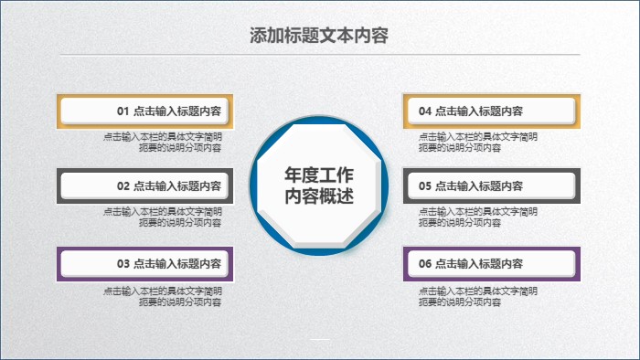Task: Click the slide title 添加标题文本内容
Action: click(319, 36)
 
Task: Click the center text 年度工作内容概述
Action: click(319, 185)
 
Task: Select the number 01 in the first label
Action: click(123, 111)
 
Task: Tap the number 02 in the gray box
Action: click(123, 186)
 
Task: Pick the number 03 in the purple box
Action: click(123, 264)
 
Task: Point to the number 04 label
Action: click(425, 111)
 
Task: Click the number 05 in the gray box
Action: click(425, 186)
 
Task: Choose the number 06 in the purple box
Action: click(425, 264)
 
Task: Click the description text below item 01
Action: click(163, 142)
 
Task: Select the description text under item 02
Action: click(163, 217)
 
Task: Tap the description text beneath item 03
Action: click(163, 296)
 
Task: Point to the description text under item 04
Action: click(478, 142)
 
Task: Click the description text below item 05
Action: click(478, 217)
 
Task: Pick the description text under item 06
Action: click(478, 296)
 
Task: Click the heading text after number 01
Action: click(177, 111)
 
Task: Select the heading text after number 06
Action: click(479, 264)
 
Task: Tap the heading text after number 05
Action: click(479, 186)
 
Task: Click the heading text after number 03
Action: click(177, 264)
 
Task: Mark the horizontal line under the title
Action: click(319, 55)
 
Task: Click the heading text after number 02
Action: click(177, 186)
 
